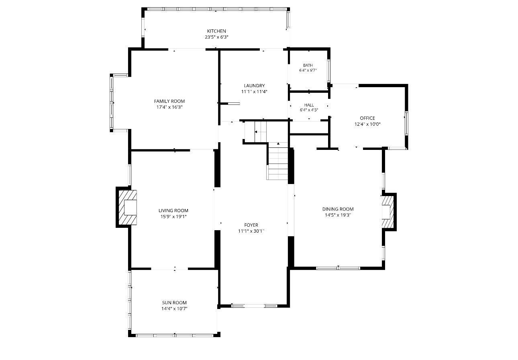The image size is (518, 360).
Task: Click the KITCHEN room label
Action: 216,31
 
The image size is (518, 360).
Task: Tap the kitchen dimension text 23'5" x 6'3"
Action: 216,37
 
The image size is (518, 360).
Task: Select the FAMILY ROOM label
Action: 169,101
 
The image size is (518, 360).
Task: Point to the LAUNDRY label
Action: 254,86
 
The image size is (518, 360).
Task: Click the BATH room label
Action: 308,65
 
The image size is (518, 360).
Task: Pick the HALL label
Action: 309,105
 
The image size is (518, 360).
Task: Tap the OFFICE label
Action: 367,118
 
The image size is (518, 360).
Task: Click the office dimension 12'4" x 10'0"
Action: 367,124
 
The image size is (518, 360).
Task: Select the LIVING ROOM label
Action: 173,211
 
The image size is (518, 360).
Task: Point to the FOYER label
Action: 251,225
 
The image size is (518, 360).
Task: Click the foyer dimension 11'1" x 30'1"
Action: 251,231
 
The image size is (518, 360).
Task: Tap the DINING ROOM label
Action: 338,209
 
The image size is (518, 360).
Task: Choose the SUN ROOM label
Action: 174,303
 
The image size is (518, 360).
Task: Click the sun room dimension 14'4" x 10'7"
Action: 174,309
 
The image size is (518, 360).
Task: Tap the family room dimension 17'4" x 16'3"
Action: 169,107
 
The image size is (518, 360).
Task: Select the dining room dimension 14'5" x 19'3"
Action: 338,215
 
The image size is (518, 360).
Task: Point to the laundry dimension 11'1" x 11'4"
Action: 254,92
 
